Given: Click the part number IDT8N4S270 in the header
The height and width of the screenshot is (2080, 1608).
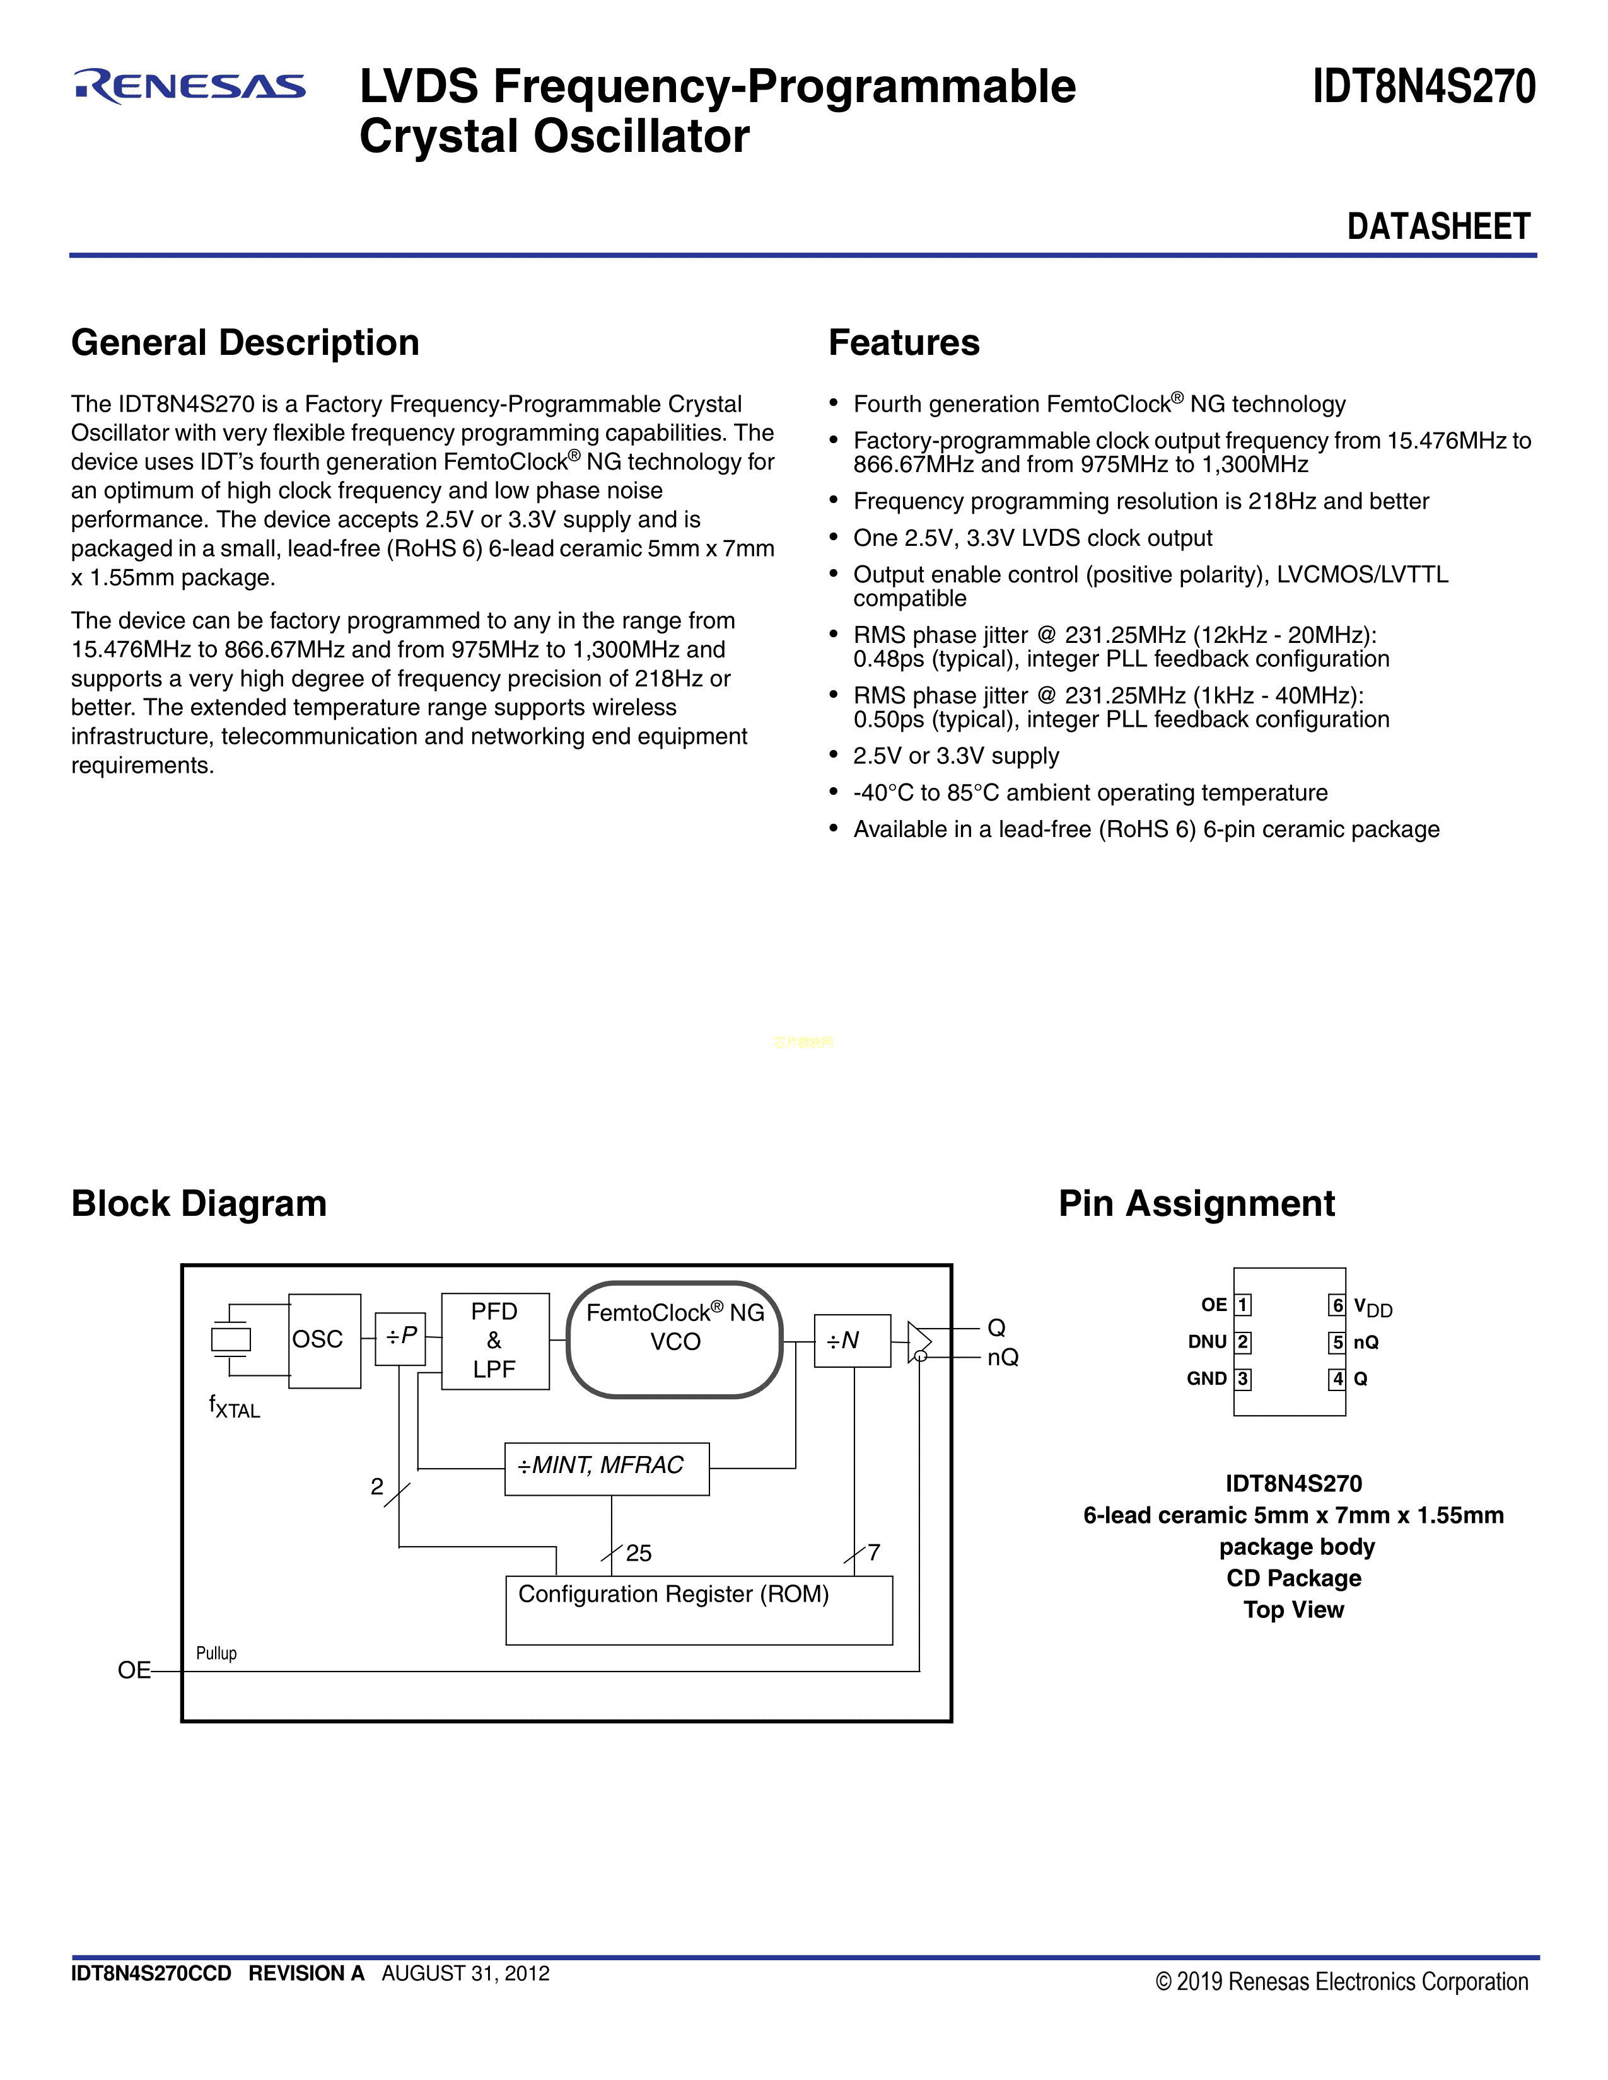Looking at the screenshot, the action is click(1423, 87).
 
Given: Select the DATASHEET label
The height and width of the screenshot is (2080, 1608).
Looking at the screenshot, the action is click(1438, 227).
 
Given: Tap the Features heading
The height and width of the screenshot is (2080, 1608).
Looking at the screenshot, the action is click(904, 343).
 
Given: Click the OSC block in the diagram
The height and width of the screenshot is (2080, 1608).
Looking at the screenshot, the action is click(325, 1340).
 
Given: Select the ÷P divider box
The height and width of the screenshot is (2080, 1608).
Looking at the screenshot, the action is click(400, 1338).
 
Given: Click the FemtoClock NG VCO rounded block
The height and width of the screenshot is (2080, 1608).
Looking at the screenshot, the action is click(675, 1340).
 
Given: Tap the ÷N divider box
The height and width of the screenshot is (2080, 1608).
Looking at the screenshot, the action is click(853, 1341).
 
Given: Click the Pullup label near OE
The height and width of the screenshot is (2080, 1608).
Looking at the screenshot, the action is click(216, 1653).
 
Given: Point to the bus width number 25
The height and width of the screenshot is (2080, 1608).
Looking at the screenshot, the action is click(638, 1553).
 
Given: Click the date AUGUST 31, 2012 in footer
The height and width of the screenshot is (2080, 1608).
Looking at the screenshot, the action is click(466, 1973).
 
